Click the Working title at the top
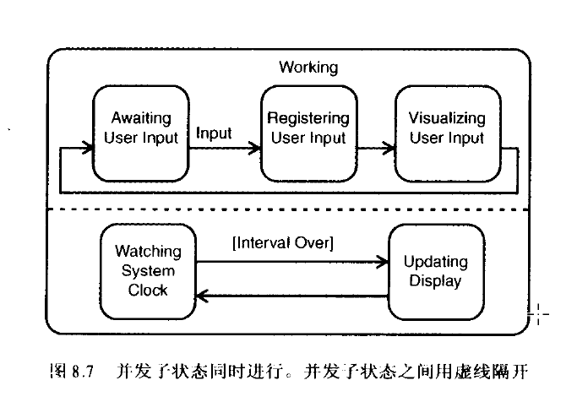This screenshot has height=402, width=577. pos(308,67)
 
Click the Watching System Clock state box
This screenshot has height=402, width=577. pos(148,270)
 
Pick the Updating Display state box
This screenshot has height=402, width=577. pos(435,270)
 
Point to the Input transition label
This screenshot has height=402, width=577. pos(214,133)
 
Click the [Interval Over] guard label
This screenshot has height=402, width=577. pos(283,243)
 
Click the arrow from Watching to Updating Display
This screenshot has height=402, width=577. pos(291,262)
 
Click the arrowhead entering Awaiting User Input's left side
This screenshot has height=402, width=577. pos(88,150)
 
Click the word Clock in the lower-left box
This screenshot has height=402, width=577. pos(148,290)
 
